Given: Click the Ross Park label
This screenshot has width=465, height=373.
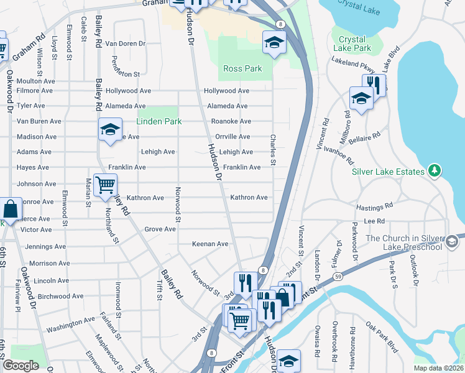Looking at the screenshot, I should pos(242,68).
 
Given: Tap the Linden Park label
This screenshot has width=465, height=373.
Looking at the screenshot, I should pos(159,121).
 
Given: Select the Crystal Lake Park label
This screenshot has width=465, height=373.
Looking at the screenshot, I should pos(351,44).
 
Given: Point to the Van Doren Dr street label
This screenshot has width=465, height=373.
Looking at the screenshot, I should pos(124,44).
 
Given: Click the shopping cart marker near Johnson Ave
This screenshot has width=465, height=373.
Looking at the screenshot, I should pos(105,184).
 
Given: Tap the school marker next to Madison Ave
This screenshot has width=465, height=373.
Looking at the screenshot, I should pos(110,129).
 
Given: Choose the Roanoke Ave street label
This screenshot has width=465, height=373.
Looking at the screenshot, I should pos(231,121).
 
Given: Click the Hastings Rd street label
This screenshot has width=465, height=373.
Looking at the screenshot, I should pos(374,206).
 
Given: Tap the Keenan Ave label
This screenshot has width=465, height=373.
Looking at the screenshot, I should pos(210,244).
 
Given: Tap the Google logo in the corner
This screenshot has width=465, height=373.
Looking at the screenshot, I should pos(21,366).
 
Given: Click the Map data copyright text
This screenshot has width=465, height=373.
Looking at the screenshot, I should pos(438,368).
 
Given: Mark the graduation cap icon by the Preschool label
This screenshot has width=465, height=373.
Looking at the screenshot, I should pos(452,239).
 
